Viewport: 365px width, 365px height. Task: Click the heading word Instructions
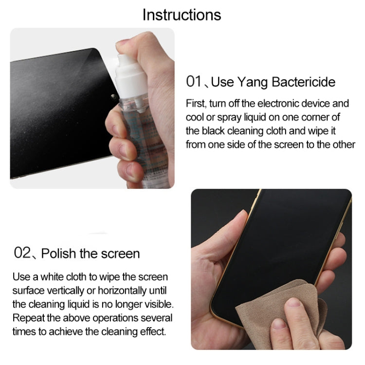pos(182,15)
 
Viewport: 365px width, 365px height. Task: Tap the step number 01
pos(194,81)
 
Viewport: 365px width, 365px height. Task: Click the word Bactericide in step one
pos(303,82)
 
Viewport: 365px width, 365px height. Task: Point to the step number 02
pos(22,253)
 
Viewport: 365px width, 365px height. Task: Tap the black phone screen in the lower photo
pos(287,243)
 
